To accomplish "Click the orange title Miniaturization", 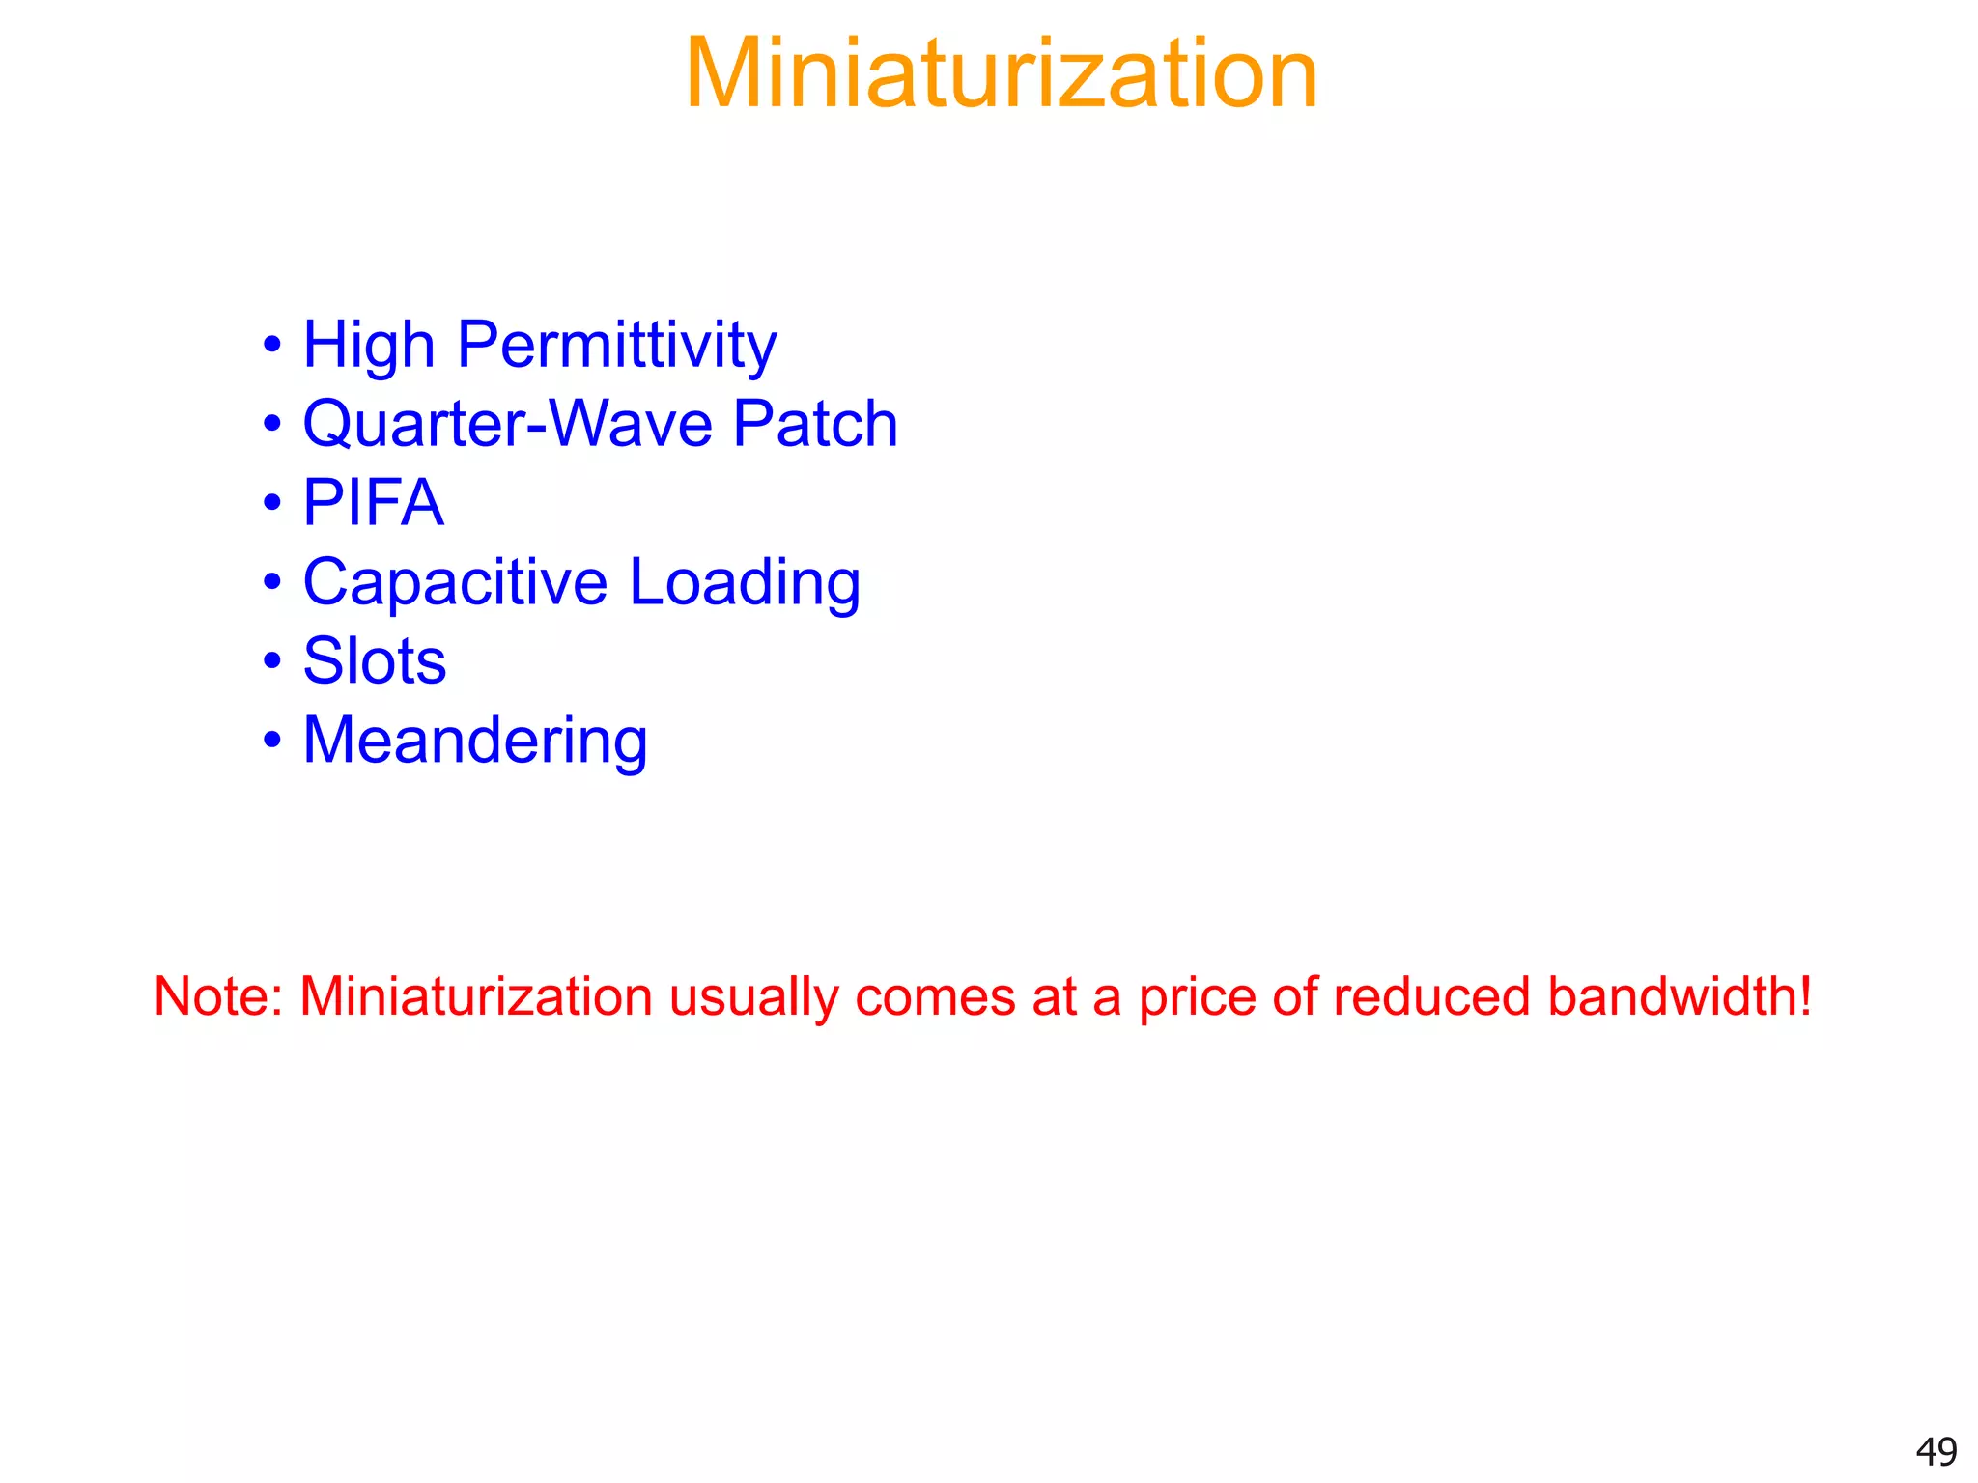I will pyautogui.click(x=1001, y=73).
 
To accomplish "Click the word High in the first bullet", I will pyautogui.click(x=369, y=345).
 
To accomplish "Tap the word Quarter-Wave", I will pyautogui.click(x=507, y=424).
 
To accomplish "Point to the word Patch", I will pyautogui.click(x=815, y=424).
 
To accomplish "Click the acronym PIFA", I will pyautogui.click(x=373, y=503).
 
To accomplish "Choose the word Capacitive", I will pyautogui.click(x=455, y=582).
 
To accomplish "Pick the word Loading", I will pyautogui.click(x=745, y=582).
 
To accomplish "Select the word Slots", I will pyautogui.click(x=375, y=661).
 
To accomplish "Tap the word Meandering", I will pyautogui.click(x=475, y=741).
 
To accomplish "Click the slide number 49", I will pyautogui.click(x=1936, y=1451).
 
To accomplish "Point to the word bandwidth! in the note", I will pyautogui.click(x=1680, y=996).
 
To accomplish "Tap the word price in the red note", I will pyautogui.click(x=1196, y=996).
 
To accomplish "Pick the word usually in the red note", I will pyautogui.click(x=753, y=996).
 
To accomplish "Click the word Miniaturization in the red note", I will pyautogui.click(x=476, y=996).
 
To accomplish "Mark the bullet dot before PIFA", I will pyautogui.click(x=272, y=503).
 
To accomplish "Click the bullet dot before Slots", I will pyautogui.click(x=272, y=661).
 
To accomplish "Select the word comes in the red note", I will pyautogui.click(x=934, y=996).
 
